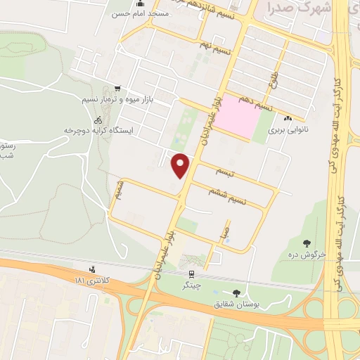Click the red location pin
(x=181, y=165)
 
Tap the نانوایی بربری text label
(x=288, y=130)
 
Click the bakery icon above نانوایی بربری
(x=288, y=118)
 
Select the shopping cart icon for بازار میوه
(x=117, y=89)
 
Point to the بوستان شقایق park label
(x=236, y=305)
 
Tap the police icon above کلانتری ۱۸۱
(x=91, y=269)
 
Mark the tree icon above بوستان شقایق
(x=236, y=293)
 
